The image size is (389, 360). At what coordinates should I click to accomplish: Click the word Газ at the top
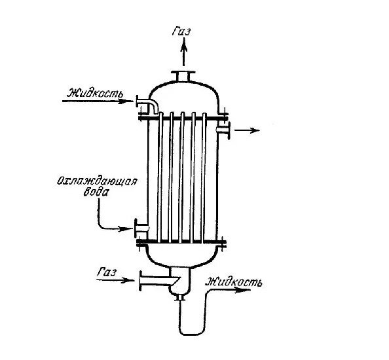(181, 31)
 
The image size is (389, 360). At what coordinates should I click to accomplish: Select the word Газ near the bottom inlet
(107, 272)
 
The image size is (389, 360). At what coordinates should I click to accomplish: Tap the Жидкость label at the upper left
(95, 93)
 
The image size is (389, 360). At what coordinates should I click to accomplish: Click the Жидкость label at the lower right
(234, 282)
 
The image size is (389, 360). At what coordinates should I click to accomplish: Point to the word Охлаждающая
(97, 181)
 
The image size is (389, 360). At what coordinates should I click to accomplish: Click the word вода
(96, 192)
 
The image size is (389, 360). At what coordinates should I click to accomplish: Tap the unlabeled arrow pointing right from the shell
(247, 130)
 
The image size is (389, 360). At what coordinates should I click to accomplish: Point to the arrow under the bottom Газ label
(115, 280)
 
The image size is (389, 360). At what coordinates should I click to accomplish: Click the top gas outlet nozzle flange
(183, 73)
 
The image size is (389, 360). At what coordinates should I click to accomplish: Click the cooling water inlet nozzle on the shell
(141, 228)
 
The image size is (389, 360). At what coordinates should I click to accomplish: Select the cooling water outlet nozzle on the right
(223, 130)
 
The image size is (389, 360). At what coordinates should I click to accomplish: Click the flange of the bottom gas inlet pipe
(141, 280)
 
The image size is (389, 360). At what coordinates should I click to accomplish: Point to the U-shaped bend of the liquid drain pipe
(193, 333)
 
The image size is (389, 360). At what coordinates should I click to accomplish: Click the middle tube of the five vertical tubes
(182, 177)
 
